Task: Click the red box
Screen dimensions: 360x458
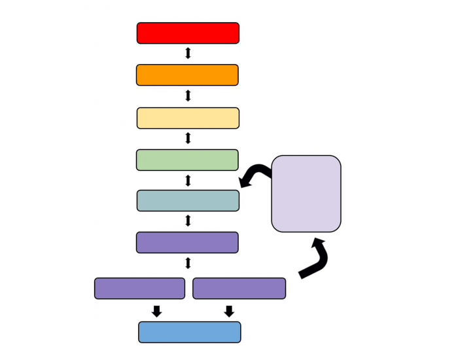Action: [x=188, y=33]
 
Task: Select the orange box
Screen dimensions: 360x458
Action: [x=187, y=75]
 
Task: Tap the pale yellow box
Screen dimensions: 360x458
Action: [x=188, y=118]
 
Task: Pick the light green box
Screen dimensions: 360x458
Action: [x=187, y=160]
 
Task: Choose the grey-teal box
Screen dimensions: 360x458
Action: [x=188, y=200]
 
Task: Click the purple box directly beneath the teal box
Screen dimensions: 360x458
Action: [x=187, y=242]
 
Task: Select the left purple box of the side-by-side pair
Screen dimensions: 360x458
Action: [x=139, y=288]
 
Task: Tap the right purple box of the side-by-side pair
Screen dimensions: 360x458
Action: [x=239, y=288]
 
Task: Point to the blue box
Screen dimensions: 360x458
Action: [x=190, y=332]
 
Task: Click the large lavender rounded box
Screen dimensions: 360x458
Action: [x=306, y=193]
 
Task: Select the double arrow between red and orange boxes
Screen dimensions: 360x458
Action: [x=188, y=54]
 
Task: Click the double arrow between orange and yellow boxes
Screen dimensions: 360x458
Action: [x=188, y=96]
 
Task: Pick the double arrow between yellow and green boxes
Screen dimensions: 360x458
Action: [x=188, y=138]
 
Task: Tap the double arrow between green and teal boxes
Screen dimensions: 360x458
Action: [x=188, y=180]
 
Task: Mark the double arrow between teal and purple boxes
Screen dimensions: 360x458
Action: [x=188, y=221]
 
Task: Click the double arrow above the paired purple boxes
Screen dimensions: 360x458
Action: [x=188, y=263]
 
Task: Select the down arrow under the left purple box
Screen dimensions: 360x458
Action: [x=156, y=311]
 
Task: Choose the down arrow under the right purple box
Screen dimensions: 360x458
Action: [x=228, y=311]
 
